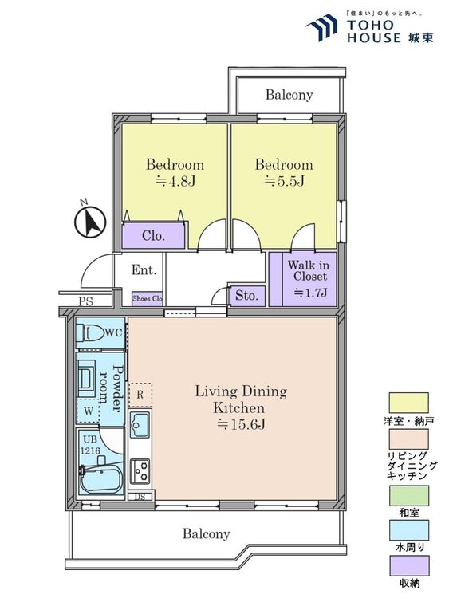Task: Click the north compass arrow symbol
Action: pyautogui.click(x=89, y=222)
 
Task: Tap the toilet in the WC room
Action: pyautogui.click(x=90, y=333)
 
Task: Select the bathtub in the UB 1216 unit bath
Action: pyautogui.click(x=101, y=480)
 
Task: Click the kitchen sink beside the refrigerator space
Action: pyautogui.click(x=140, y=424)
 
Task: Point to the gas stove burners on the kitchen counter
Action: pyautogui.click(x=140, y=470)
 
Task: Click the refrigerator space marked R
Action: pyautogui.click(x=140, y=395)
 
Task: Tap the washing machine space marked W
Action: pyautogui.click(x=88, y=411)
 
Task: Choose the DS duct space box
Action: pyautogui.click(x=140, y=497)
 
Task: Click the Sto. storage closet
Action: pyautogui.click(x=246, y=295)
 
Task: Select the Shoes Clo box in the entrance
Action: pyautogui.click(x=148, y=298)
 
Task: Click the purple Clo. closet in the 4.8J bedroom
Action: pyautogui.click(x=153, y=235)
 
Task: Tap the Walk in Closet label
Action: pyautogui.click(x=308, y=270)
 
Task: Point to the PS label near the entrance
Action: pyautogui.click(x=86, y=301)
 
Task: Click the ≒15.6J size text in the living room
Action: pyautogui.click(x=241, y=424)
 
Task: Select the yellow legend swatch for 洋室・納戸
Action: pyautogui.click(x=408, y=403)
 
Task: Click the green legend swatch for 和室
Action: pyautogui.click(x=408, y=496)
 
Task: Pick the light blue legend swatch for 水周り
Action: pyautogui.click(x=408, y=530)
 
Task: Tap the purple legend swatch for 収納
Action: pyautogui.click(x=408, y=566)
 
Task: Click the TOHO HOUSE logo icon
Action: pyautogui.click(x=322, y=27)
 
